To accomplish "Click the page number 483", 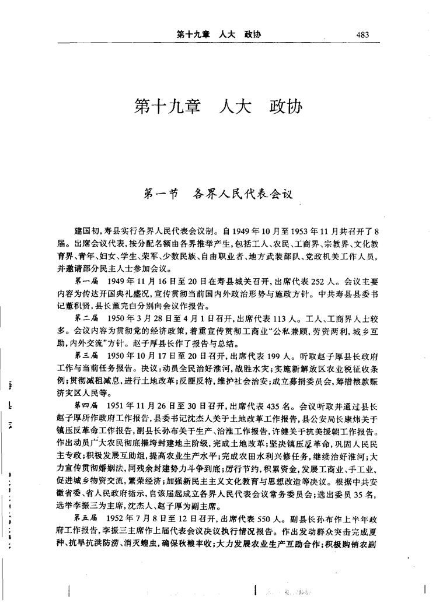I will point(362,34).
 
